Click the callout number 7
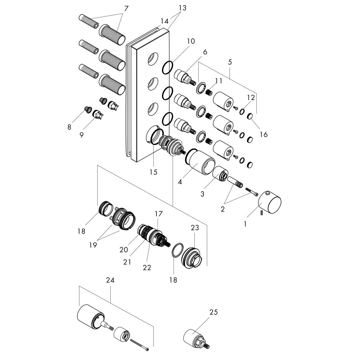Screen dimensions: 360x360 point(126,9)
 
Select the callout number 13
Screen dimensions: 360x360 point(182,8)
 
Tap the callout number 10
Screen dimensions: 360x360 point(191,41)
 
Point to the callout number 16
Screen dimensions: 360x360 point(263,134)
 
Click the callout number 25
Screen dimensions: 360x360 point(213,312)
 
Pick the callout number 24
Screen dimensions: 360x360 point(110,280)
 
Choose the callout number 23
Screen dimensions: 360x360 point(195,228)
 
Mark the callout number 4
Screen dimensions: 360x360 point(180,182)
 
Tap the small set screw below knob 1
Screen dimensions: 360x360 point(262,213)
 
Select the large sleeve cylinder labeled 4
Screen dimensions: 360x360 point(202,162)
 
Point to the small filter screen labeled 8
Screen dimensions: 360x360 point(88,109)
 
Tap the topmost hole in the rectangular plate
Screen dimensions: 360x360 point(153,58)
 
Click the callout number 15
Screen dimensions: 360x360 point(153,172)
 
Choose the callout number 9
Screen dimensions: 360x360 point(81,135)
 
